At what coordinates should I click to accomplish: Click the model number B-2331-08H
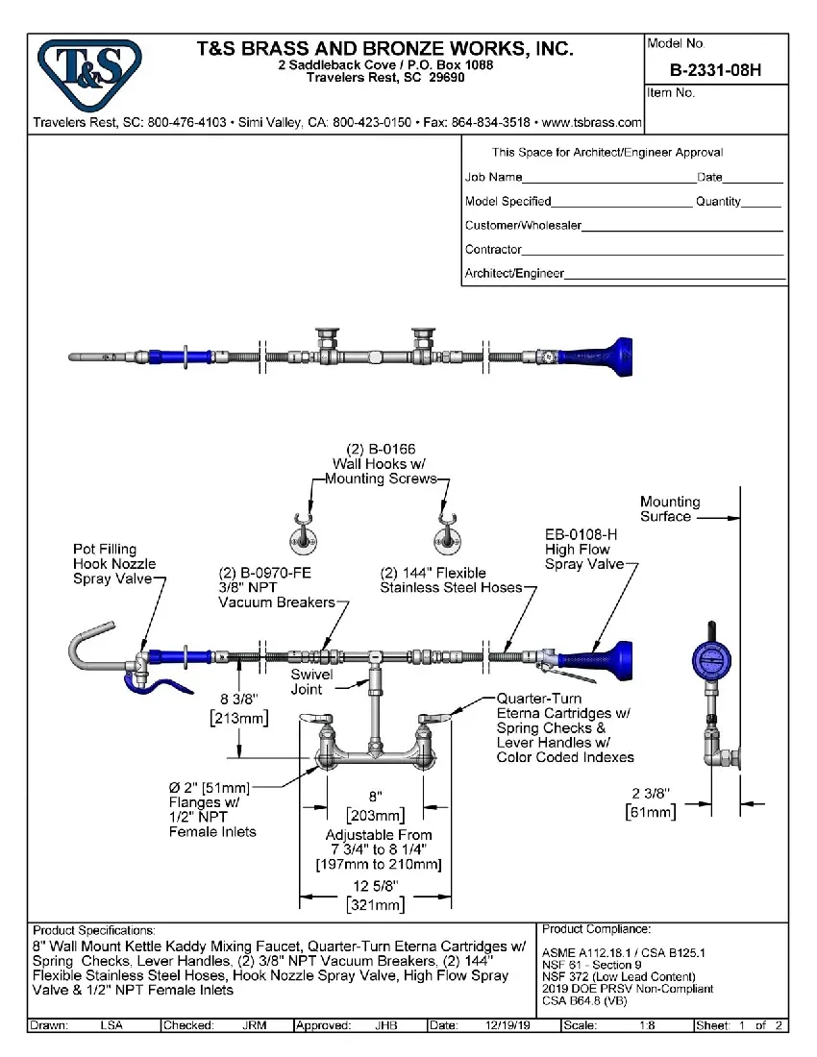[715, 70]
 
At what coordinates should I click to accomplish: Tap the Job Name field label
[493, 177]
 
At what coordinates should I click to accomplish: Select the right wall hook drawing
[445, 534]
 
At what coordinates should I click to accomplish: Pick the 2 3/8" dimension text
[650, 793]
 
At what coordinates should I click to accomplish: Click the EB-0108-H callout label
[581, 534]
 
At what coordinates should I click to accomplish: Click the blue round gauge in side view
[712, 662]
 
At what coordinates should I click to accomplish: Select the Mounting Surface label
[670, 508]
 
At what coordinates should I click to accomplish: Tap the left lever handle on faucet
[317, 719]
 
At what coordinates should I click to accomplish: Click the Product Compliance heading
[596, 929]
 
